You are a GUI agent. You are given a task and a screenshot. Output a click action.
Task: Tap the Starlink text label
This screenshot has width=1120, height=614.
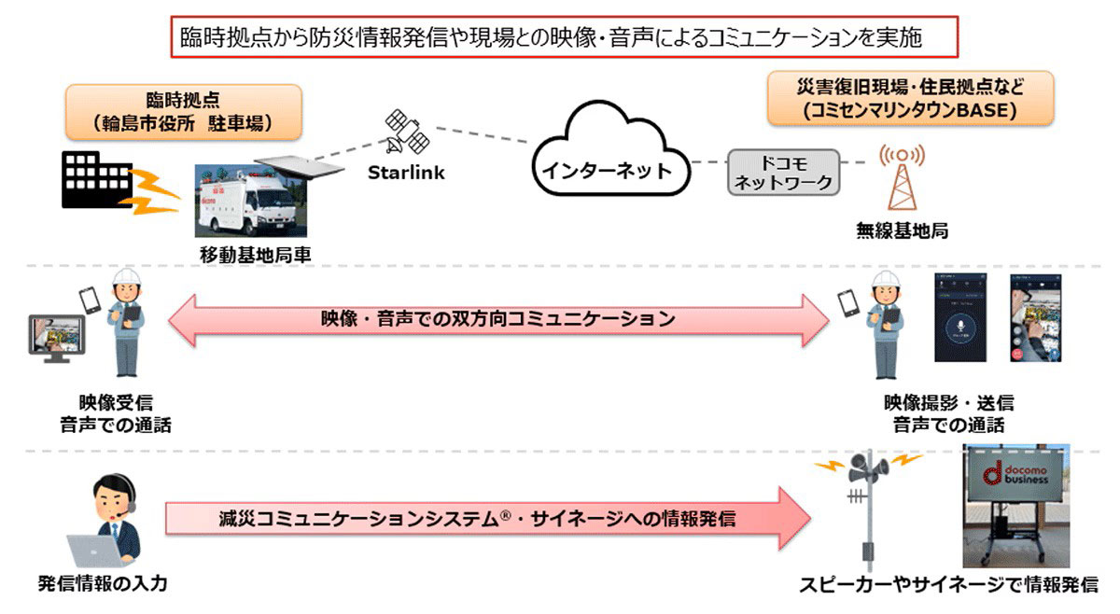click(x=406, y=173)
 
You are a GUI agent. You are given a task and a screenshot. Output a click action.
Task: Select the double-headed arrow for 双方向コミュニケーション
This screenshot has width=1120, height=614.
click(x=498, y=319)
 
